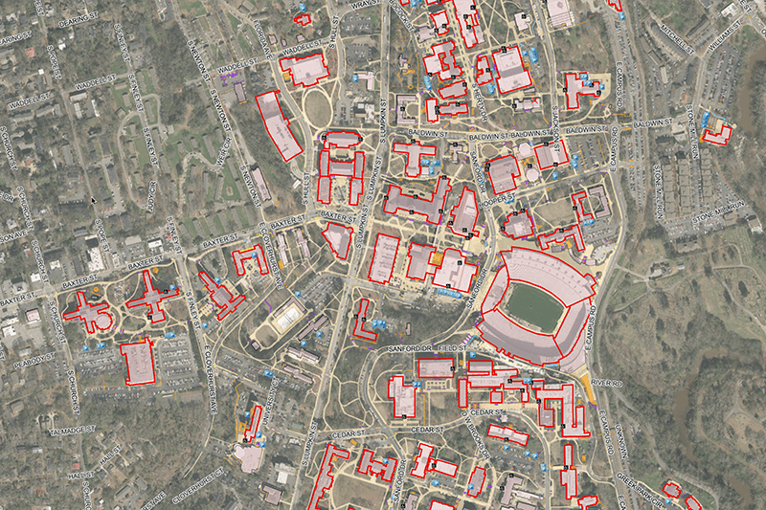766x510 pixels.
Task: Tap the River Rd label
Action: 606,384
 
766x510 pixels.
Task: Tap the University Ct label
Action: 272,401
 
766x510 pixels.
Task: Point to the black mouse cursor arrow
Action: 92,200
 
